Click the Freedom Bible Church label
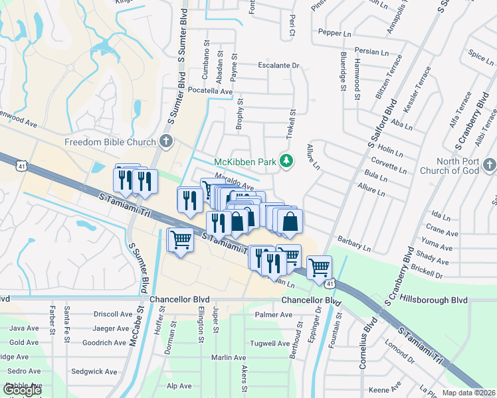[x=110, y=143]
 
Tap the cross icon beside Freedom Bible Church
[x=166, y=142]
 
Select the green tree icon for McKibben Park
[x=286, y=161]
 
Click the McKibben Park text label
[x=244, y=162]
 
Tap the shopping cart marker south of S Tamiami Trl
[x=181, y=239]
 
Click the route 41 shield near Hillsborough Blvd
[x=330, y=284]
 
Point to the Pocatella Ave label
[x=210, y=91]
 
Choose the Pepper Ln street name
[x=334, y=32]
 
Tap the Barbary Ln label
[x=353, y=243]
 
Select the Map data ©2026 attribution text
[x=468, y=393]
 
